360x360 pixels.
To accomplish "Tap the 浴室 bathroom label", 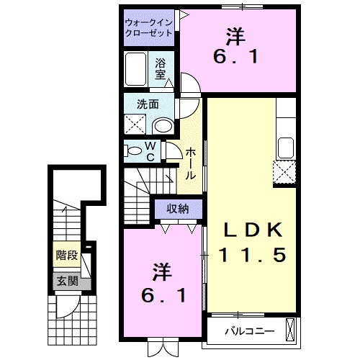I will [x=161, y=68].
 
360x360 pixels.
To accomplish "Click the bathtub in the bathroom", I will [x=137, y=69].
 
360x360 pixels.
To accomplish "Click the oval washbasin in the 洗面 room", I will [x=163, y=125].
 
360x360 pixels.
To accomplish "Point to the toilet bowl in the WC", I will [x=135, y=151].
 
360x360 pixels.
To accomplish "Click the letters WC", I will [x=151, y=153].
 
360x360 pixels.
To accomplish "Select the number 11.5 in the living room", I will [x=249, y=254].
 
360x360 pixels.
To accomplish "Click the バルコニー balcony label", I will [x=242, y=332].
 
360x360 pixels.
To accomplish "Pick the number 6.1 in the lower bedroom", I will [x=163, y=294].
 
